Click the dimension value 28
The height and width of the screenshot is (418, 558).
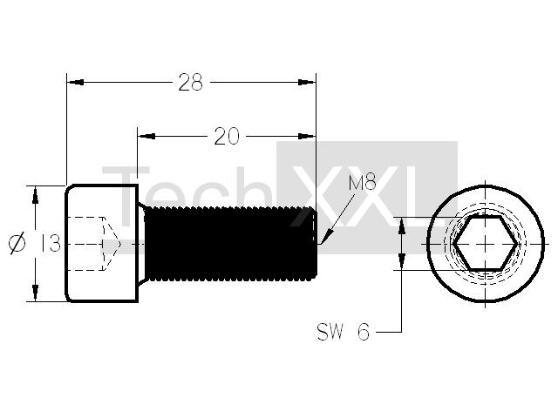point(190,83)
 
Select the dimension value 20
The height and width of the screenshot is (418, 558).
point(227,137)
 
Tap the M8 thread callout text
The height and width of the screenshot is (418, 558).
point(363,183)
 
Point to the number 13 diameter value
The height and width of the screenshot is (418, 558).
point(51,243)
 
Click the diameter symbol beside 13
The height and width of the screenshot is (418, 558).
point(17,243)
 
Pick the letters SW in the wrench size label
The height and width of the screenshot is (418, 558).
point(330,332)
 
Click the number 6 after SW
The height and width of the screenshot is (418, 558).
point(364,333)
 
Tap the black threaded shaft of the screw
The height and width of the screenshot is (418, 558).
point(230,244)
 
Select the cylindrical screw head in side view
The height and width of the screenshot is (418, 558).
point(101,244)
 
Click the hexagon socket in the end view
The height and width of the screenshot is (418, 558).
point(486,244)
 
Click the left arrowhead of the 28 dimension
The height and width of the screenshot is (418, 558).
point(76,83)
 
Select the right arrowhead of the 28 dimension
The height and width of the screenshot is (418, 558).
point(307,83)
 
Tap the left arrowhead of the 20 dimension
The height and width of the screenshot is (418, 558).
point(146,137)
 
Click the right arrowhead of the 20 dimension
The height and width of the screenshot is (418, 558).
point(307,137)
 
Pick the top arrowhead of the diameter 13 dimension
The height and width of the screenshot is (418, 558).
point(35,195)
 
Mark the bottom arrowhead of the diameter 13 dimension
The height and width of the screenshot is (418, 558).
point(35,293)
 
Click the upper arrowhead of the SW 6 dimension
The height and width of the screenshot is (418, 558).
point(402,226)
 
